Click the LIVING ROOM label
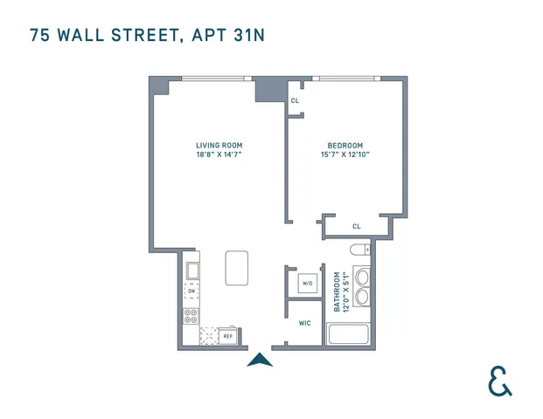[x=219, y=145]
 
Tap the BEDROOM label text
[x=345, y=145]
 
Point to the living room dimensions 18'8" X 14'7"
[x=219, y=155]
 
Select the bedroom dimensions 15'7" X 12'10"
[x=345, y=155]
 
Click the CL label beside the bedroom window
[x=296, y=100]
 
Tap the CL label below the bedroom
[x=356, y=226]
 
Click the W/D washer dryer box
[x=307, y=284]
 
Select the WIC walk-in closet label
[x=304, y=323]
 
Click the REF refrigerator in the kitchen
[x=227, y=335]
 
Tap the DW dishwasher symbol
[x=191, y=292]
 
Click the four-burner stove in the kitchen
[x=191, y=317]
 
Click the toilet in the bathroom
[x=359, y=251]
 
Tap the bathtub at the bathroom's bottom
[x=348, y=334]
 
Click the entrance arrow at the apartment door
[x=260, y=359]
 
